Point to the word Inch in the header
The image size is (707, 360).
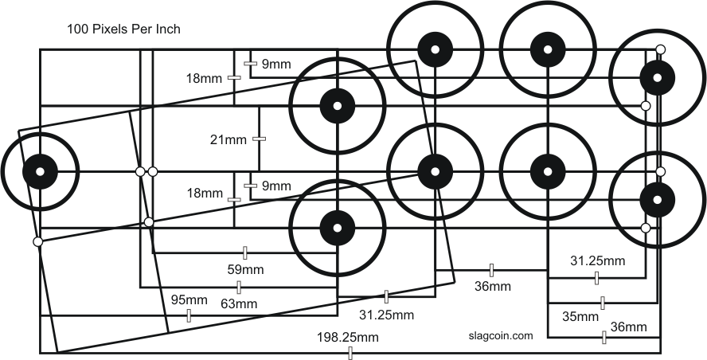(x=168, y=30)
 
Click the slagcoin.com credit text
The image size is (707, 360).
(x=501, y=336)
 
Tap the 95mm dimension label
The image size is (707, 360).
(x=189, y=300)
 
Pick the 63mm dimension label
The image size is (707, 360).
(x=239, y=303)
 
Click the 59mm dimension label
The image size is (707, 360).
(x=245, y=269)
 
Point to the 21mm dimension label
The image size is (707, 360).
(x=228, y=140)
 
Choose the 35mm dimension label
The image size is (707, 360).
(x=580, y=316)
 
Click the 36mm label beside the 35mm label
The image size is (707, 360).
(x=628, y=327)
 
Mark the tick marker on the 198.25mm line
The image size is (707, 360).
(x=350, y=353)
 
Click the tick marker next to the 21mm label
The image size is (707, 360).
(x=257, y=139)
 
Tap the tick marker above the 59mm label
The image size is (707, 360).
(x=245, y=253)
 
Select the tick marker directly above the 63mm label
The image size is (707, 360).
(x=239, y=287)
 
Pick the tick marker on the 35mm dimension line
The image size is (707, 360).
(x=603, y=303)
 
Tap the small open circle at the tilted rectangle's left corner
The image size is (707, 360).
(x=37, y=241)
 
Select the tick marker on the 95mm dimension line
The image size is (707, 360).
(x=189, y=315)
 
